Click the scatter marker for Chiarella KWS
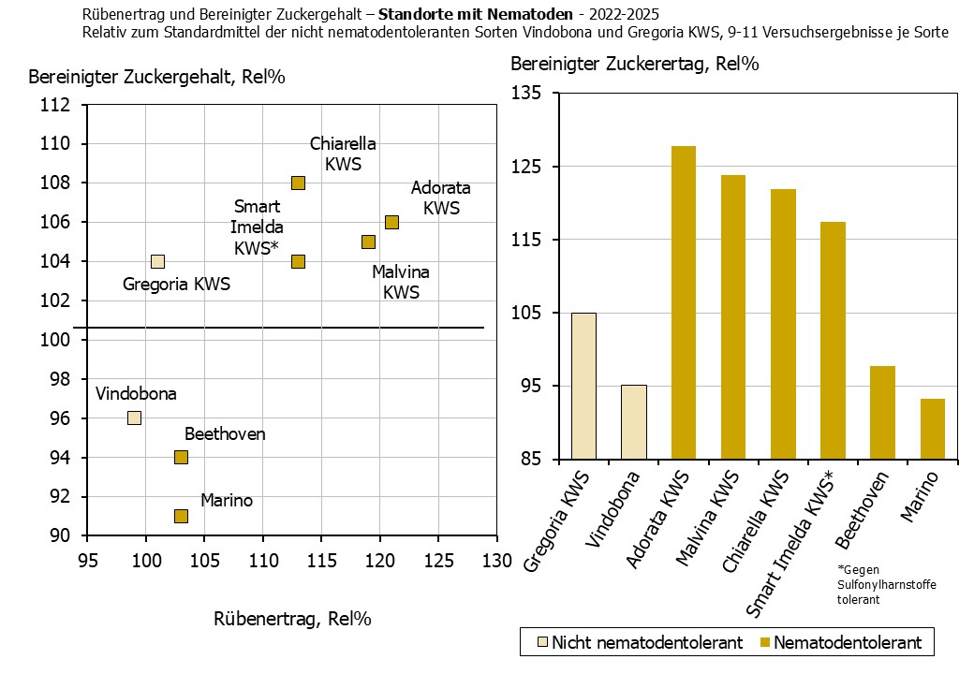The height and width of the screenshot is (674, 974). [298, 183]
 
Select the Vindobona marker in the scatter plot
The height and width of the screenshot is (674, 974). [134, 418]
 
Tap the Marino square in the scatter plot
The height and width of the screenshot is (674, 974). [181, 516]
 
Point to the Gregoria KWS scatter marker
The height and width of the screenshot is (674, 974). [157, 261]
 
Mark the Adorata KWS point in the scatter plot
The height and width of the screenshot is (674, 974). [391, 222]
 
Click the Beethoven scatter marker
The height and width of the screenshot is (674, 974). [181, 457]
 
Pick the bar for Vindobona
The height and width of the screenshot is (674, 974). [634, 422]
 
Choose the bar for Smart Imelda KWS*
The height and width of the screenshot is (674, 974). [834, 341]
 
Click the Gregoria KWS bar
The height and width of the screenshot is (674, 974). [583, 386]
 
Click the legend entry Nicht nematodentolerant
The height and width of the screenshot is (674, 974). [637, 642]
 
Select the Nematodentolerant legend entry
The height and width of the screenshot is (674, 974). [840, 642]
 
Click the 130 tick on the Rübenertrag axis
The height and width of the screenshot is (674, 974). [496, 560]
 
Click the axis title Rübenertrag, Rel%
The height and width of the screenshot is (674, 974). [292, 618]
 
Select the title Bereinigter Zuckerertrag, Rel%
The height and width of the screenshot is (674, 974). [634, 64]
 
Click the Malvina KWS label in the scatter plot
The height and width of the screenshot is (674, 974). [401, 282]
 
